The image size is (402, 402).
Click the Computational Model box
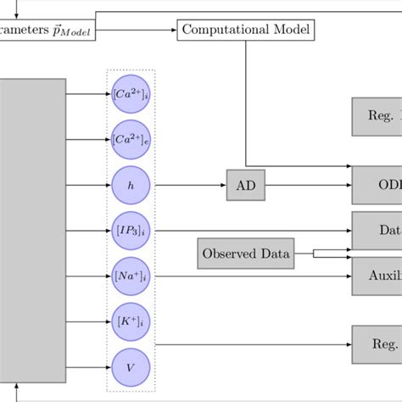point(245,31)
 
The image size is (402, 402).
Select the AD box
point(246,185)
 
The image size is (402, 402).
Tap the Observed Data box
point(246,254)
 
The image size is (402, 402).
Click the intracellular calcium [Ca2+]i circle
point(131,93)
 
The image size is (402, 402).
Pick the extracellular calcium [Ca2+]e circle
point(131,139)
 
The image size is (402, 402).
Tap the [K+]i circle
point(131,322)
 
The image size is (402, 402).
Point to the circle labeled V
point(131,368)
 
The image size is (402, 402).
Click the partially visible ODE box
point(377,185)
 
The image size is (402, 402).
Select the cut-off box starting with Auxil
point(377,276)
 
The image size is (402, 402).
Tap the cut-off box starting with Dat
point(377,231)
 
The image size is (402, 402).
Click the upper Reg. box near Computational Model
point(377,116)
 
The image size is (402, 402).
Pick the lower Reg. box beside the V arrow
point(377,345)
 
